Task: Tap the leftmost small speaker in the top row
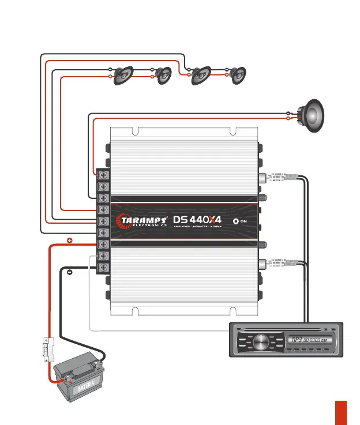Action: coord(124,76)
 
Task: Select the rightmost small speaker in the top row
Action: coord(238,75)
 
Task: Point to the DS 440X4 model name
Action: coord(197,220)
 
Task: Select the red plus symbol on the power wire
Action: coord(69,240)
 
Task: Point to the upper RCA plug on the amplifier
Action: coord(276,178)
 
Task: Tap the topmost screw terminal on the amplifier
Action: coord(104,174)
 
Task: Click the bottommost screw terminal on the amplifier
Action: coord(104,267)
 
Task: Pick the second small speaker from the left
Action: coord(163,76)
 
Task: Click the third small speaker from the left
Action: coord(200,75)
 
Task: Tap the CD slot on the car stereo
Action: coord(287,329)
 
